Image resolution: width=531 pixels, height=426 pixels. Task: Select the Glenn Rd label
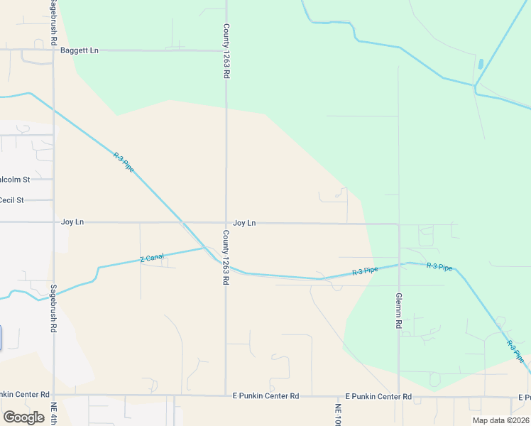(x=399, y=310)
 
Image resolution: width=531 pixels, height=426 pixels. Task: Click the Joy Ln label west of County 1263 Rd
(x=72, y=222)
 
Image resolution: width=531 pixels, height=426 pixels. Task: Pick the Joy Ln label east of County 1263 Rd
(x=244, y=223)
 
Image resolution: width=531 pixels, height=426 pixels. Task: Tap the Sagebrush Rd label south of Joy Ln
(x=53, y=309)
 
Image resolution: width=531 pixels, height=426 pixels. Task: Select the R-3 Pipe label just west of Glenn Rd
(x=365, y=271)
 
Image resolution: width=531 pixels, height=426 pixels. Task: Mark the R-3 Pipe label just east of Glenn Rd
(x=439, y=267)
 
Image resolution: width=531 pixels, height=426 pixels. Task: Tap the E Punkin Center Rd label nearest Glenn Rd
(x=378, y=395)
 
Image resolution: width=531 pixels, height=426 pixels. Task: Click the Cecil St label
(x=12, y=200)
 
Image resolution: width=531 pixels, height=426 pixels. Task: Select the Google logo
(x=23, y=417)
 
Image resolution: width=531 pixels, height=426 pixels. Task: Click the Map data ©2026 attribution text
(x=500, y=420)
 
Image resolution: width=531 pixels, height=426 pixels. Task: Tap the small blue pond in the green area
(x=481, y=64)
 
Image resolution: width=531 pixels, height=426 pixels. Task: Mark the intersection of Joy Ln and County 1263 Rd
(x=226, y=223)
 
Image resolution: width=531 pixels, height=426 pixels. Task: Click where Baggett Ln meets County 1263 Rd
(x=226, y=50)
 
